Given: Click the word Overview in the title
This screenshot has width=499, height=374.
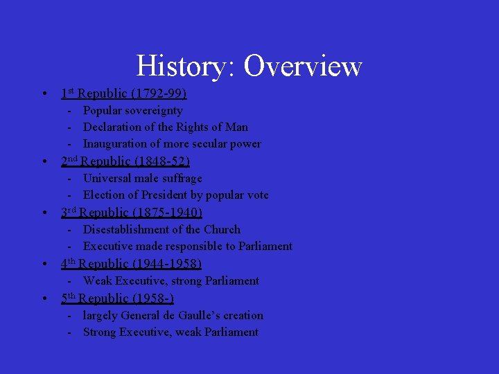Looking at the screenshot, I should [x=303, y=66].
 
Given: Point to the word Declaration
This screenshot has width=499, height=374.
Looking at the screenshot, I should [x=113, y=127].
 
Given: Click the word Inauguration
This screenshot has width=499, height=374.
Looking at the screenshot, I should [x=116, y=143].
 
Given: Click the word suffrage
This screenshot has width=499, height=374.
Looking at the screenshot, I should [x=180, y=178].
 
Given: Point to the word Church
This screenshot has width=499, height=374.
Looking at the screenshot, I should [x=222, y=229].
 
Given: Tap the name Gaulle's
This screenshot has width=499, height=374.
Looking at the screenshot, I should [x=198, y=315].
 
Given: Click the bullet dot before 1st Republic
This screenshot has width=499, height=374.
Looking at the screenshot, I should [x=44, y=93].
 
